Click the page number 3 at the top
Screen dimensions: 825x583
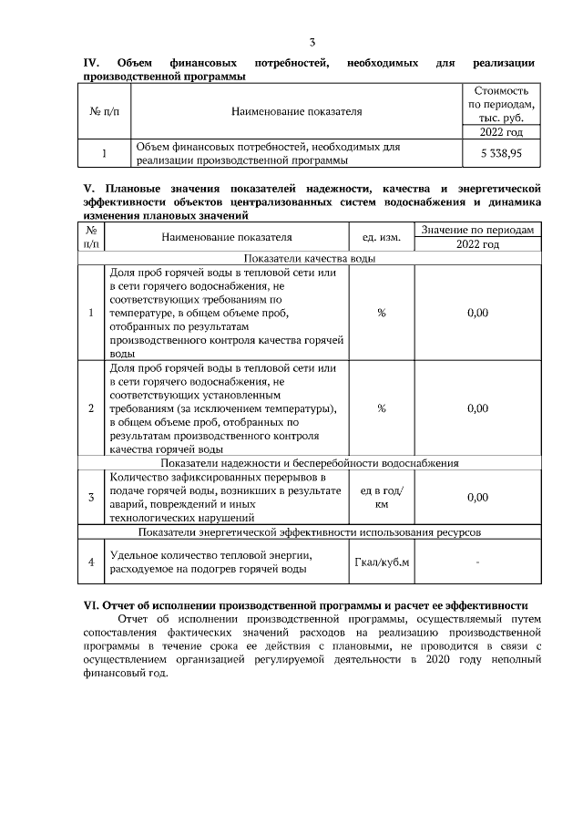(x=312, y=43)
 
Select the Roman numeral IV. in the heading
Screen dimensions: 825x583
(x=91, y=63)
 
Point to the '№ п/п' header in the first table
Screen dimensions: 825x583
(x=104, y=112)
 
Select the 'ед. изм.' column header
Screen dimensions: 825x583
(x=381, y=237)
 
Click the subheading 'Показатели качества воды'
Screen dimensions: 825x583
(x=308, y=258)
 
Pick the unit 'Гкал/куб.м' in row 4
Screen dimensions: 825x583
(x=381, y=562)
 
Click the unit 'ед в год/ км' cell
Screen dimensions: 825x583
(x=381, y=497)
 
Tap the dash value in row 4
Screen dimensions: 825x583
(x=477, y=562)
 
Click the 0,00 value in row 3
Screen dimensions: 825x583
(x=477, y=497)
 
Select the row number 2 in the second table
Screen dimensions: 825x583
(x=90, y=408)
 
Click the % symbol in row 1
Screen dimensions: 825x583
(x=381, y=313)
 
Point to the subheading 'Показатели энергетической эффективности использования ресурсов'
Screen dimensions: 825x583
(x=308, y=531)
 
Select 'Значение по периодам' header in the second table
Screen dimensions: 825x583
(x=477, y=229)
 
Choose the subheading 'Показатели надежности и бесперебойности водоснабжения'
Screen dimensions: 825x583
(x=308, y=463)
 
